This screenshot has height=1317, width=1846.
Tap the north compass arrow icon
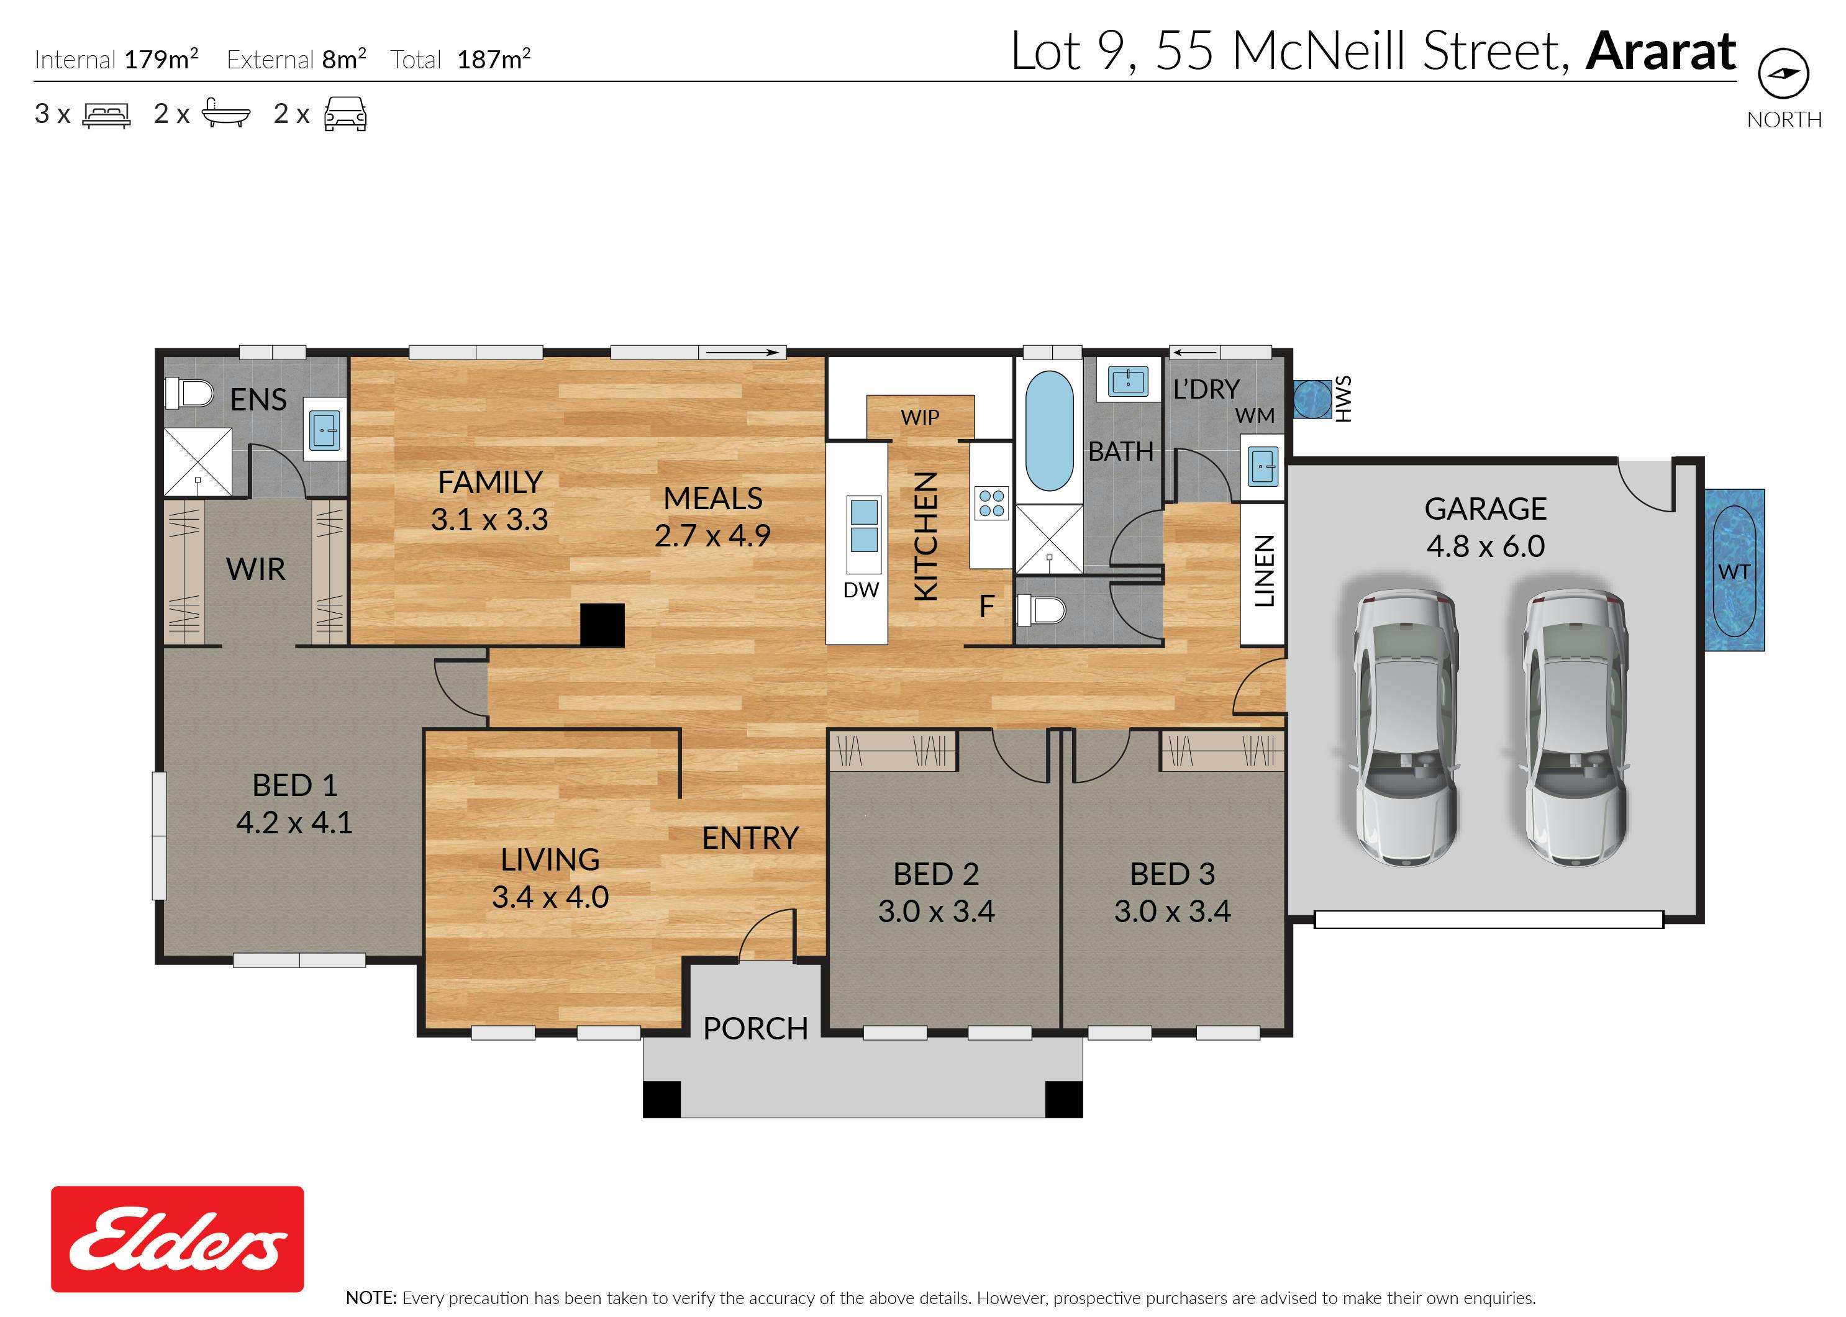pyautogui.click(x=1783, y=73)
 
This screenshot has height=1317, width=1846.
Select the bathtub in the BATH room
pyautogui.click(x=1050, y=432)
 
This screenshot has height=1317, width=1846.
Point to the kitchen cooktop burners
pyautogui.click(x=991, y=503)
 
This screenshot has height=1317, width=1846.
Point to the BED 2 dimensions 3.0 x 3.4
pyautogui.click(x=936, y=912)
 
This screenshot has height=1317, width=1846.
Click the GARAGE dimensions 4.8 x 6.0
pyautogui.click(x=1485, y=546)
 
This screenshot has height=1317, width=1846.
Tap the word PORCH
pyautogui.click(x=755, y=1028)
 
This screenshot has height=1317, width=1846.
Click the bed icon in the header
pyautogui.click(x=106, y=115)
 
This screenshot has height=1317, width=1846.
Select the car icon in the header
pyautogui.click(x=345, y=114)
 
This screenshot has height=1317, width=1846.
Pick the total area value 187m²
pyautogui.click(x=494, y=59)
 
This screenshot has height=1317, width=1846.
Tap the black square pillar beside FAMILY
pyautogui.click(x=602, y=625)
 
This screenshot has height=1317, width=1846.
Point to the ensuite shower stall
pyautogui.click(x=198, y=461)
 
